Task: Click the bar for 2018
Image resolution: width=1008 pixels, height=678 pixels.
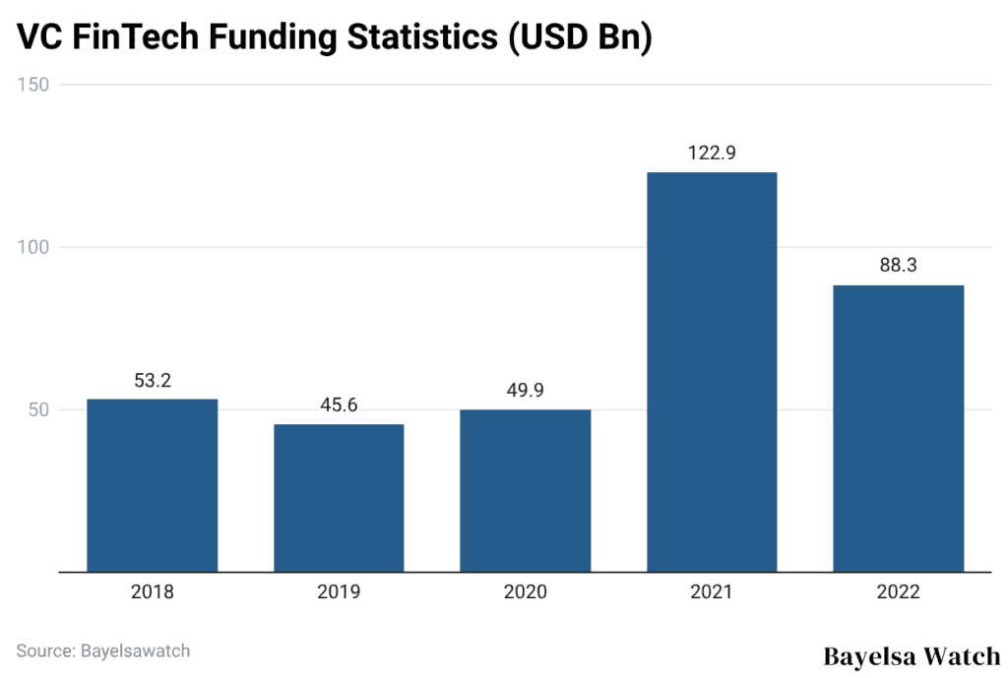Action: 152,485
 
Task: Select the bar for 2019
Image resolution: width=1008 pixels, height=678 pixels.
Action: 339,497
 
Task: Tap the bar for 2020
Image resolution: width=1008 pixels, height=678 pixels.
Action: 525,490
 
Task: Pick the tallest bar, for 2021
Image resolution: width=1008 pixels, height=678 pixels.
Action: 712,372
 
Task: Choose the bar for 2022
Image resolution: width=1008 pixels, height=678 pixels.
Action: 898,428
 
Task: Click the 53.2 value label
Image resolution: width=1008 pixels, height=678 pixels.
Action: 152,381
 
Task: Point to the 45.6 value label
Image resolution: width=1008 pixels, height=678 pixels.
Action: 339,405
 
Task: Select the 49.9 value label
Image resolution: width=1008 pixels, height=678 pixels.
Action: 525,392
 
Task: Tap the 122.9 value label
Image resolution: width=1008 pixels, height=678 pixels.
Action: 712,154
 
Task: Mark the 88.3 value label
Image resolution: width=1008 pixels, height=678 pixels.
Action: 898,267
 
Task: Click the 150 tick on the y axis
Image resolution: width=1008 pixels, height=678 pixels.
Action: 33,85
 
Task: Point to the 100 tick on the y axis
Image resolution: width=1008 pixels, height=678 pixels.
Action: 33,247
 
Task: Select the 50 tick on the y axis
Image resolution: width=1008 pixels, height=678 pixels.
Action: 37,409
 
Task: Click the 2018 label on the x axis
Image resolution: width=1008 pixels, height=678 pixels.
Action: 152,592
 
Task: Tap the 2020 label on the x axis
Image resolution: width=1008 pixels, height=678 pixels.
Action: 525,592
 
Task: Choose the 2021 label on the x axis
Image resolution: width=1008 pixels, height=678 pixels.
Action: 712,592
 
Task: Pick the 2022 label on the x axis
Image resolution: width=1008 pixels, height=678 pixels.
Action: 898,592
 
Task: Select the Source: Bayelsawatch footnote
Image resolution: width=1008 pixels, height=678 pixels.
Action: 103,650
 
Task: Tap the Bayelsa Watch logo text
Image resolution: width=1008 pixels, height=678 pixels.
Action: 911,655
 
